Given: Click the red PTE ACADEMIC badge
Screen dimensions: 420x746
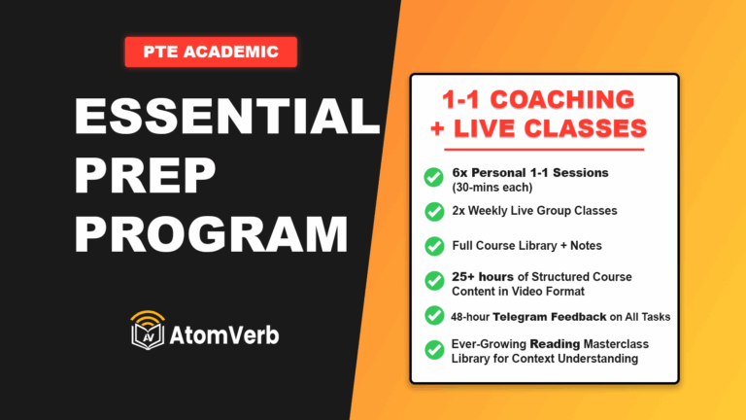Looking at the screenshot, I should pos(210,52).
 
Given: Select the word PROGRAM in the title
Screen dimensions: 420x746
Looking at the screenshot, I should pos(211,234).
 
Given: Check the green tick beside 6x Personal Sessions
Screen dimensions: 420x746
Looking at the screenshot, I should pos(433,177).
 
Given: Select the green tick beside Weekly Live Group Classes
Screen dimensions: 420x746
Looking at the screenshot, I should pos(433,210).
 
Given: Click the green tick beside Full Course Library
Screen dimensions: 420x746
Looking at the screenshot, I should pos(433,246).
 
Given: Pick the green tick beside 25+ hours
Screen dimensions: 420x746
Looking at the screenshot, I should pos(433,282).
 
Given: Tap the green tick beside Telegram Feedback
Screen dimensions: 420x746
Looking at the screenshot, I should pos(433,315).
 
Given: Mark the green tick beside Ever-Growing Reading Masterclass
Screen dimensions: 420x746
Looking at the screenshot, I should pos(433,349).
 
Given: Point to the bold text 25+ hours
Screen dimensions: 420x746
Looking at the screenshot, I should pos(483,277).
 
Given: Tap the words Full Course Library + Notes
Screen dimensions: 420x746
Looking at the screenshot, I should pos(534,246).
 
